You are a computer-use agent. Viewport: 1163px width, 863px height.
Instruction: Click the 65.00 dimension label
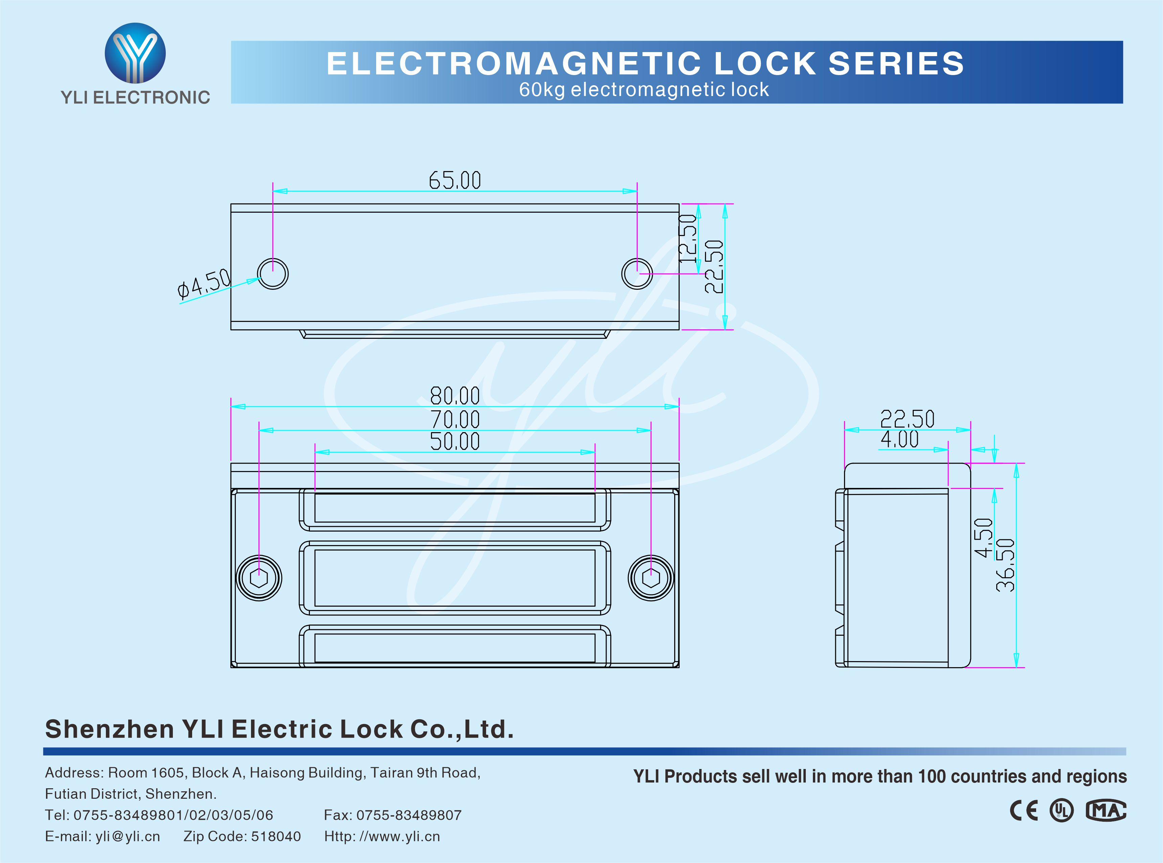point(455,180)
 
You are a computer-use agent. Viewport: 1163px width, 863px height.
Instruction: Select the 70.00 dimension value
point(455,419)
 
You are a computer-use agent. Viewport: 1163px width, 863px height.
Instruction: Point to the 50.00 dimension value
point(455,441)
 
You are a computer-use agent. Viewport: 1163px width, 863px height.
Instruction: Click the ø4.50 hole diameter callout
point(204,284)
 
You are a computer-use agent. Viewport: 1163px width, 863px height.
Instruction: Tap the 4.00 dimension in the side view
point(899,439)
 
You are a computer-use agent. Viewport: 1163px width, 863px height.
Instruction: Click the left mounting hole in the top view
point(273,273)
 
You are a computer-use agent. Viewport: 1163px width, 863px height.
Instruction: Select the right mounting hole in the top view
point(637,273)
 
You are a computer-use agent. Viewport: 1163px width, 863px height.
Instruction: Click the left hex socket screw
point(259,578)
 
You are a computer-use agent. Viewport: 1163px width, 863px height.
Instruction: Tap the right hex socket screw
point(651,578)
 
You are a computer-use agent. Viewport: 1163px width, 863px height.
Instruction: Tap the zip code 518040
point(276,836)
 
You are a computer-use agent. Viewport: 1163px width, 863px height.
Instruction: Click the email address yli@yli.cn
point(128,836)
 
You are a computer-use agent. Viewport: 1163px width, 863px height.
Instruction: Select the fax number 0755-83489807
point(409,815)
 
